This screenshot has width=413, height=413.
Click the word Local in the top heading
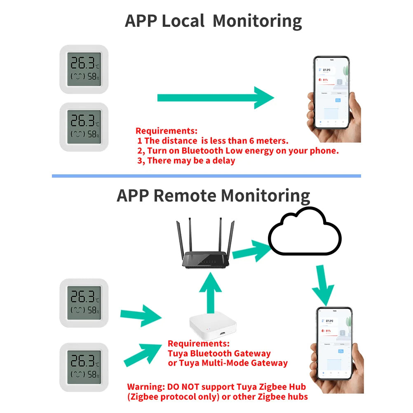coord(183,21)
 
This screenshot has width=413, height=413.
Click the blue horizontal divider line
coord(206,176)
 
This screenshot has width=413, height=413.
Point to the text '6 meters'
coord(272,141)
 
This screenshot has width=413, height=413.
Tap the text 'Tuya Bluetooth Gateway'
coord(219,353)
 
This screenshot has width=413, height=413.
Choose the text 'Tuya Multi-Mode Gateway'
coord(228,363)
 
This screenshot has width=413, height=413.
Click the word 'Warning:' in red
coord(146,387)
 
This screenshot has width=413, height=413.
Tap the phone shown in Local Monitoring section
coord(332,93)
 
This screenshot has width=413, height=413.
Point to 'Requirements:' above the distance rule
coord(167,131)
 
